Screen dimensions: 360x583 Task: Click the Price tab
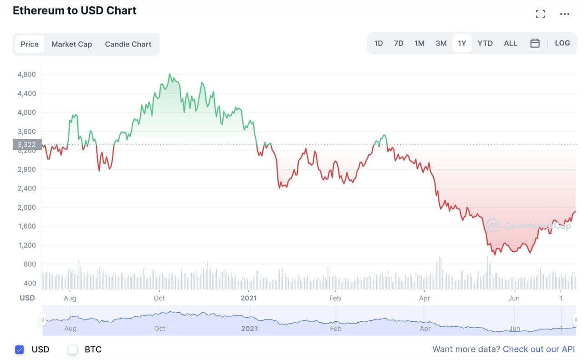pos(30,44)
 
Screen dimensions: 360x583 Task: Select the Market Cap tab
pos(72,44)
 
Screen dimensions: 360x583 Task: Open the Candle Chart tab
pos(128,44)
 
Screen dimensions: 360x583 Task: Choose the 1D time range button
pos(378,43)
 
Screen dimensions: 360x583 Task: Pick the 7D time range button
pos(399,43)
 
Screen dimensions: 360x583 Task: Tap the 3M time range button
pos(441,43)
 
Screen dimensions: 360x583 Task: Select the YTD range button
pos(485,43)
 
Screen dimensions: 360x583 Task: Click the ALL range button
pos(511,43)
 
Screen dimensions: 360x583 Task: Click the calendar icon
pos(535,43)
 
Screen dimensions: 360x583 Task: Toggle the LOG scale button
pos(563,43)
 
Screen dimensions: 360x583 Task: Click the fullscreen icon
pos(540,14)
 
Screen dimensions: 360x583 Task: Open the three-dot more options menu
pos(565,14)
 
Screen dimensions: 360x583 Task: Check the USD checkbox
pos(19,350)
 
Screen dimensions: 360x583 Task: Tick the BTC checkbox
pos(72,350)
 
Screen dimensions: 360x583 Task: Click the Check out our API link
pos(539,349)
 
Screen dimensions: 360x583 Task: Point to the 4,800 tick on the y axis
pos(26,74)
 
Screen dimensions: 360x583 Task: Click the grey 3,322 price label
pos(27,145)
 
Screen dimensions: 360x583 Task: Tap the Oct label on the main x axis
pos(159,298)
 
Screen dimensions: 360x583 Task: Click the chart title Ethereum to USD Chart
pos(75,10)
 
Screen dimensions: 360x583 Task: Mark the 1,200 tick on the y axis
pos(26,245)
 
